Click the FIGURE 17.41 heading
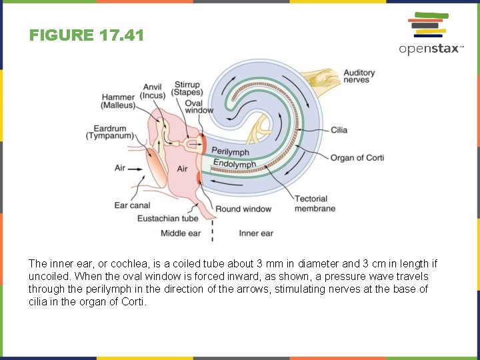(x=87, y=35)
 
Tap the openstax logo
(x=431, y=34)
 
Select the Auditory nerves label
(x=359, y=76)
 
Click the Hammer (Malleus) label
(x=118, y=101)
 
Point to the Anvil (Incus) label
(x=154, y=91)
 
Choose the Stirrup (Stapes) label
(x=187, y=89)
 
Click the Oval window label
(x=197, y=107)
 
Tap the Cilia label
(x=339, y=130)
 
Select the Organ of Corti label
(x=357, y=157)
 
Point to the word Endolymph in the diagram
(x=235, y=163)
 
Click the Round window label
(x=243, y=209)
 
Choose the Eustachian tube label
(x=167, y=218)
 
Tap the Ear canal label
(x=132, y=205)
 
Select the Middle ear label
(x=181, y=233)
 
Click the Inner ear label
(x=256, y=233)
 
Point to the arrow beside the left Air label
(x=135, y=169)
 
